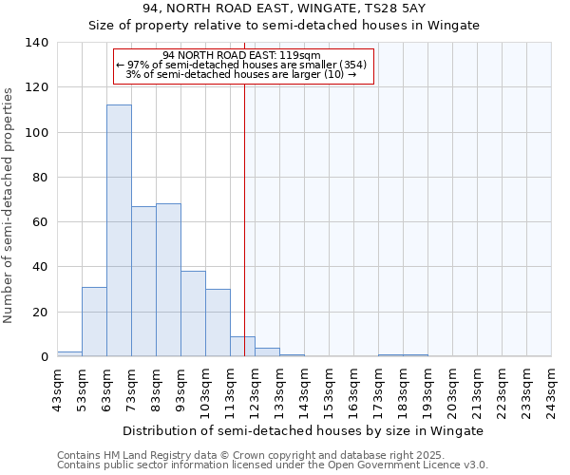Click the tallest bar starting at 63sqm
(119, 231)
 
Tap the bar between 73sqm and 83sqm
(143, 281)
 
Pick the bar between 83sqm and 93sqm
(168, 280)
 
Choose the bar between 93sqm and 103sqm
(193, 313)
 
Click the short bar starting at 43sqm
(69, 354)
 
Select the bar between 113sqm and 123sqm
(242, 347)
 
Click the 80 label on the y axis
(40, 178)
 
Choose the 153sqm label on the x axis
(329, 389)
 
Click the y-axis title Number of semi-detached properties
(10, 204)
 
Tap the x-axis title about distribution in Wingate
(304, 430)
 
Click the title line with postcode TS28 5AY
(284, 9)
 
